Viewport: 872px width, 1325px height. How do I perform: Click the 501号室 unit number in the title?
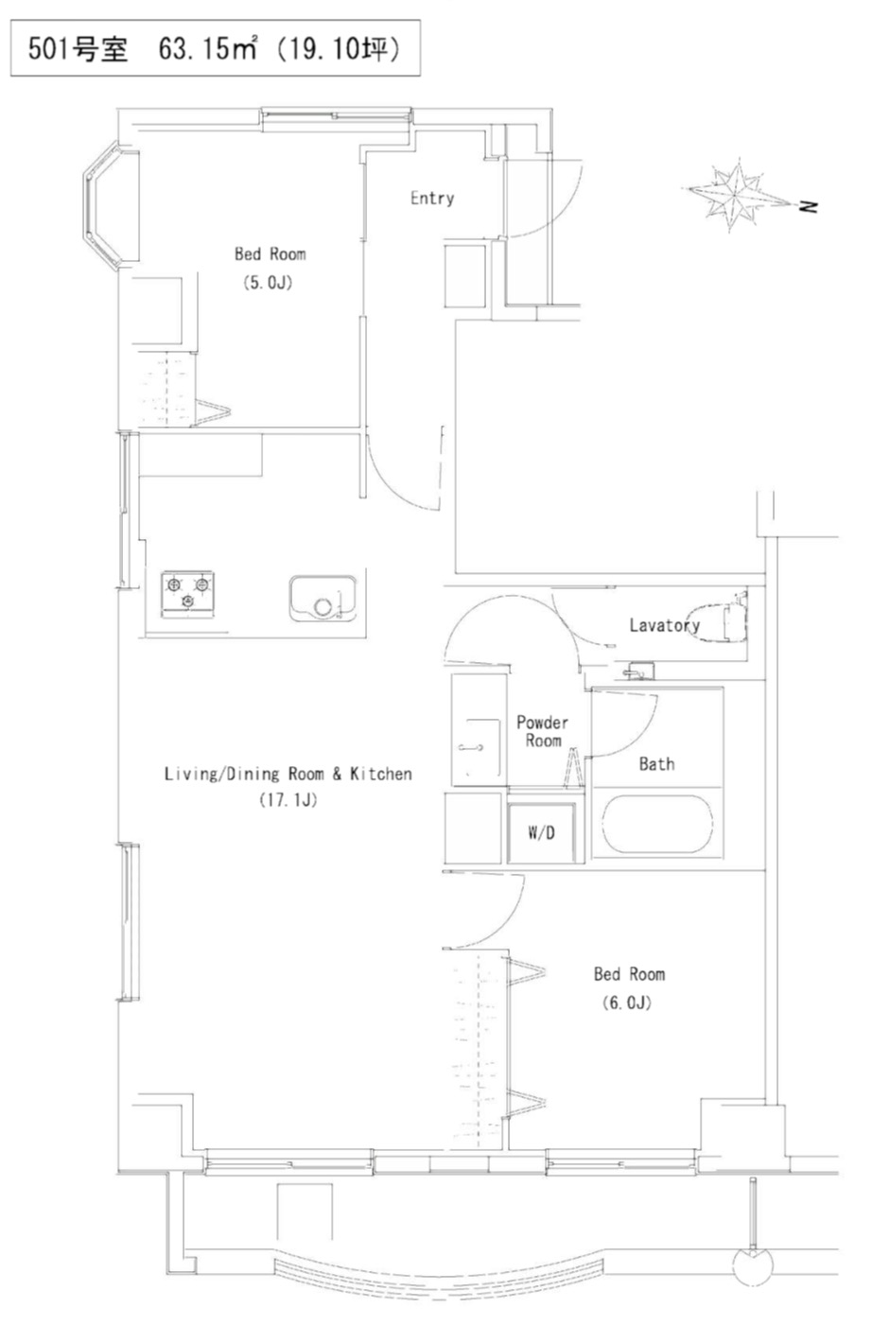78,48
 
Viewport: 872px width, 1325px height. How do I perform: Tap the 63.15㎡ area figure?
208,48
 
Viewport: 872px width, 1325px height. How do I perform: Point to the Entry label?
432,199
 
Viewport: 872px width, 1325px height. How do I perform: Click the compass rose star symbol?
735,195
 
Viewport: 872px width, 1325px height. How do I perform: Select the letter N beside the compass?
808,206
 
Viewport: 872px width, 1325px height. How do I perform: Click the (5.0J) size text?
268,282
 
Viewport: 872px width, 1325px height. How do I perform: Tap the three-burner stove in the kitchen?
187,595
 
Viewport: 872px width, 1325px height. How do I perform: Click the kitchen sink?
323,599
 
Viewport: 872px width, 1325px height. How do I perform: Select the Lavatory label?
664,625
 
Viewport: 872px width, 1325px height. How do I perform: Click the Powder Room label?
543,731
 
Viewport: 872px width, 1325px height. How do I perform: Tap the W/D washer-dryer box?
541,832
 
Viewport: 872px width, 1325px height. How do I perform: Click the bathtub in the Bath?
657,824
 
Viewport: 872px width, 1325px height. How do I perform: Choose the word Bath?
656,763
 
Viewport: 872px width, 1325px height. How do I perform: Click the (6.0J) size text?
626,1002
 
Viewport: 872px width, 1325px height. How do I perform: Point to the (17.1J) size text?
288,800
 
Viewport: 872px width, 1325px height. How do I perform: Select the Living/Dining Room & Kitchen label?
288,774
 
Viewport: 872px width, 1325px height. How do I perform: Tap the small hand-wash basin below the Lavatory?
639,671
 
